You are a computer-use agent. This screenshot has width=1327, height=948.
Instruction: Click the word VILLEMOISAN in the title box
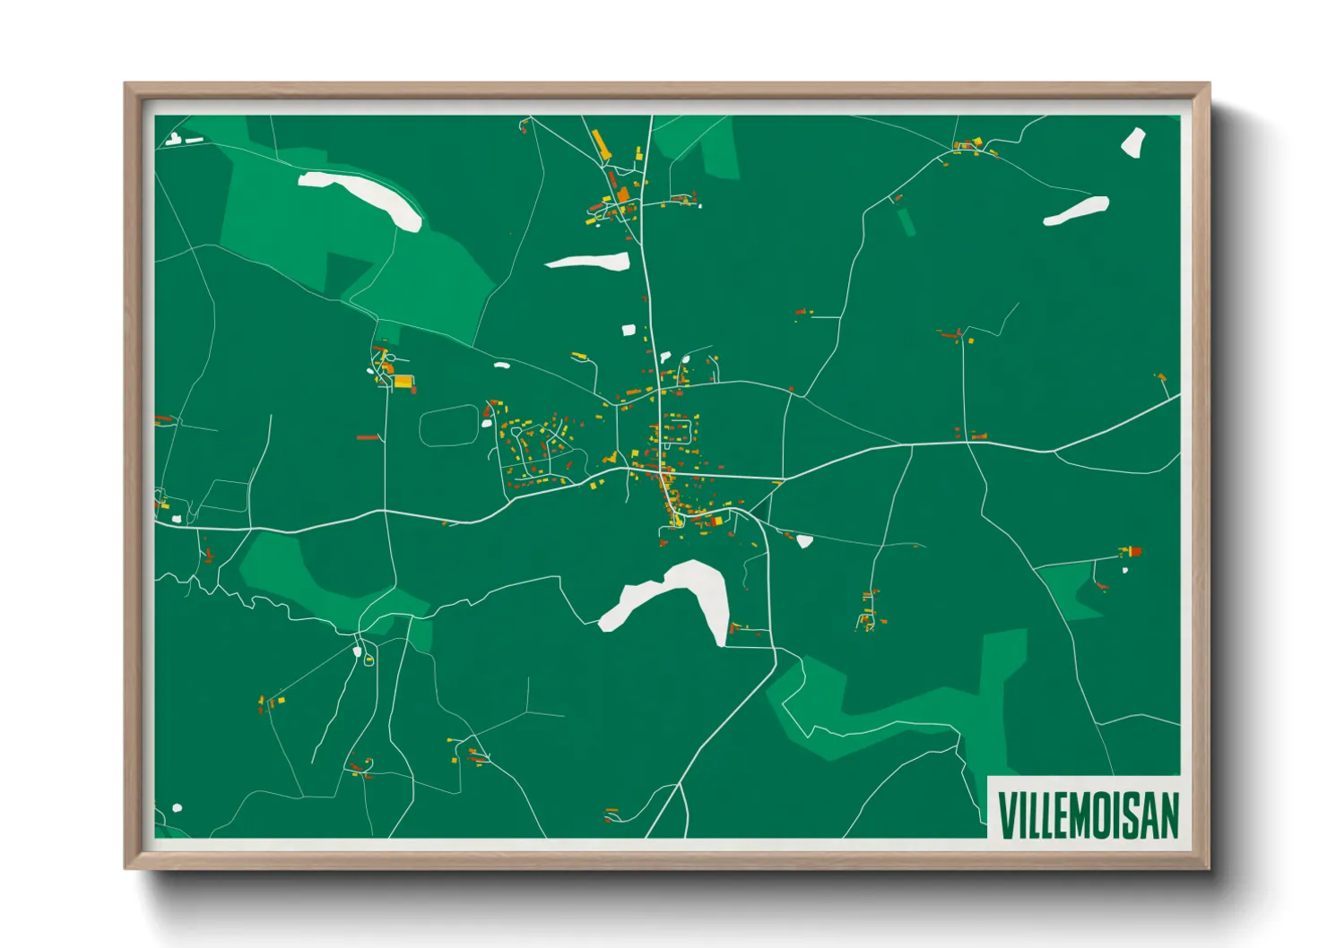click(1088, 814)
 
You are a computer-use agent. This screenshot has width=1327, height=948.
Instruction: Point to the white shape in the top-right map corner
click(1133, 142)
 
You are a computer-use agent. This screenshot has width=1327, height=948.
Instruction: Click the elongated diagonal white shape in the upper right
click(1076, 211)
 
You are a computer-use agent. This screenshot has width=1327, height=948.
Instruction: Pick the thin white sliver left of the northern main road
click(588, 262)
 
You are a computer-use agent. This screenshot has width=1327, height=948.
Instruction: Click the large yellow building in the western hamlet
click(403, 382)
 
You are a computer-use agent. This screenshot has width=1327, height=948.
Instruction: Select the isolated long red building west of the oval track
click(368, 437)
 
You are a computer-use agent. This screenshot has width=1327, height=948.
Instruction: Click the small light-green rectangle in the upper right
click(906, 221)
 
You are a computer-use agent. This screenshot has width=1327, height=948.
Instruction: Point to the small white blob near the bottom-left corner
click(177, 808)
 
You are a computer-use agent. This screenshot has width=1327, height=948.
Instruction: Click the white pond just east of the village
click(804, 541)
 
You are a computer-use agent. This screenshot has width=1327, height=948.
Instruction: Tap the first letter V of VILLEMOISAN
click(1007, 814)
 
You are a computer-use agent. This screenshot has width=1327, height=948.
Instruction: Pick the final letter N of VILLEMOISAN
click(1168, 814)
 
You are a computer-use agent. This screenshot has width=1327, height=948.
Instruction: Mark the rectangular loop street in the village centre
click(677, 434)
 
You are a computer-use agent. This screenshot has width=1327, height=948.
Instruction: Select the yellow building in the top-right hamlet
click(978, 142)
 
